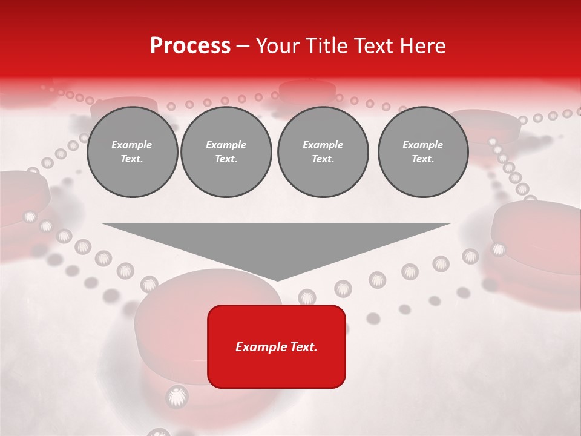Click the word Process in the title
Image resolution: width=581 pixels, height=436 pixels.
190,46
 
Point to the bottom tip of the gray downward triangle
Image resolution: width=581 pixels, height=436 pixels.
277,280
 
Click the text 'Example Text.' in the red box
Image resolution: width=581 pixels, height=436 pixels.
277,347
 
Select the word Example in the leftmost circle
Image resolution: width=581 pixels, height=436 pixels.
132,145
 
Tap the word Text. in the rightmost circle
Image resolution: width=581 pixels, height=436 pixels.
422,159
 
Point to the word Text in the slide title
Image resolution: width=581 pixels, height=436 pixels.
370,46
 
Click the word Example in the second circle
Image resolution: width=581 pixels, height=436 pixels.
226,145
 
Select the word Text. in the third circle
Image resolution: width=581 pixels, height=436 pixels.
323,159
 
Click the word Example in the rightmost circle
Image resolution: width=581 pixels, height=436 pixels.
422,145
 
